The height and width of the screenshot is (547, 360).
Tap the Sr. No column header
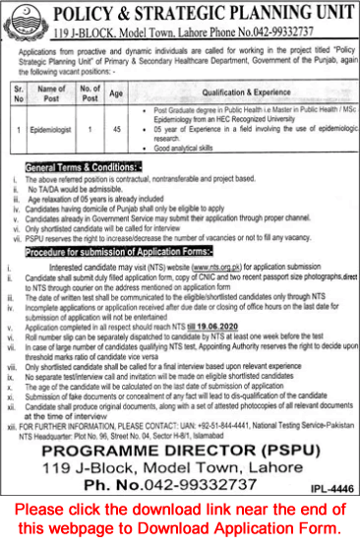coord(19,94)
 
